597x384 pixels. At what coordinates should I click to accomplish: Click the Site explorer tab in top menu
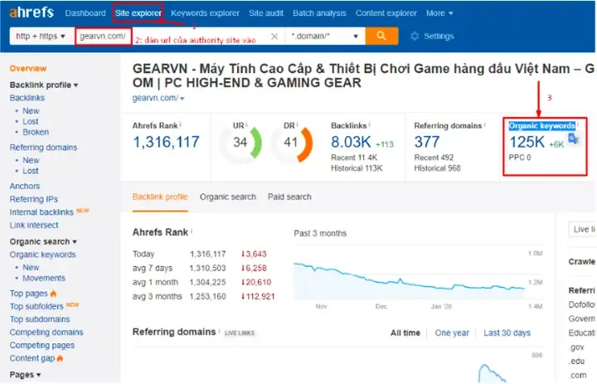point(138,13)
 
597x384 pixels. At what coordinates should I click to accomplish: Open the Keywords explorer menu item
point(205,13)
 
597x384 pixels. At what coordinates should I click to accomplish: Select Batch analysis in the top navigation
point(319,13)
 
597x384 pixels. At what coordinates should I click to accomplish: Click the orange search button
point(381,36)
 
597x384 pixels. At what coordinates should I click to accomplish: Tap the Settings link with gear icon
point(432,36)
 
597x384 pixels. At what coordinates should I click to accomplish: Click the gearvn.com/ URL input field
point(103,36)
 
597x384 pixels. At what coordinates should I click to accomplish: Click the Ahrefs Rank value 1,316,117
point(166,143)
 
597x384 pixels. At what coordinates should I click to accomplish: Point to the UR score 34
point(240,142)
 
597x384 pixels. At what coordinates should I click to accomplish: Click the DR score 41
point(290,142)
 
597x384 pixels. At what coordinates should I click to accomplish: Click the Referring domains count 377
point(427,143)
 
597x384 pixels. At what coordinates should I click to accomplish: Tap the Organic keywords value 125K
point(527,142)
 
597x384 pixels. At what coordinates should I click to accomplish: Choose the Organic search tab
point(227,197)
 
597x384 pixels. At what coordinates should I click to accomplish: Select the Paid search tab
point(289,197)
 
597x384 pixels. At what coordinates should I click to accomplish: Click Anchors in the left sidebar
point(24,186)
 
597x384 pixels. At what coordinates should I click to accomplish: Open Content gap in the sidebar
point(32,358)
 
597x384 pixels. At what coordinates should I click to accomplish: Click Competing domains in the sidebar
point(46,333)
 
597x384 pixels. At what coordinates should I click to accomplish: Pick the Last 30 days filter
point(507,333)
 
